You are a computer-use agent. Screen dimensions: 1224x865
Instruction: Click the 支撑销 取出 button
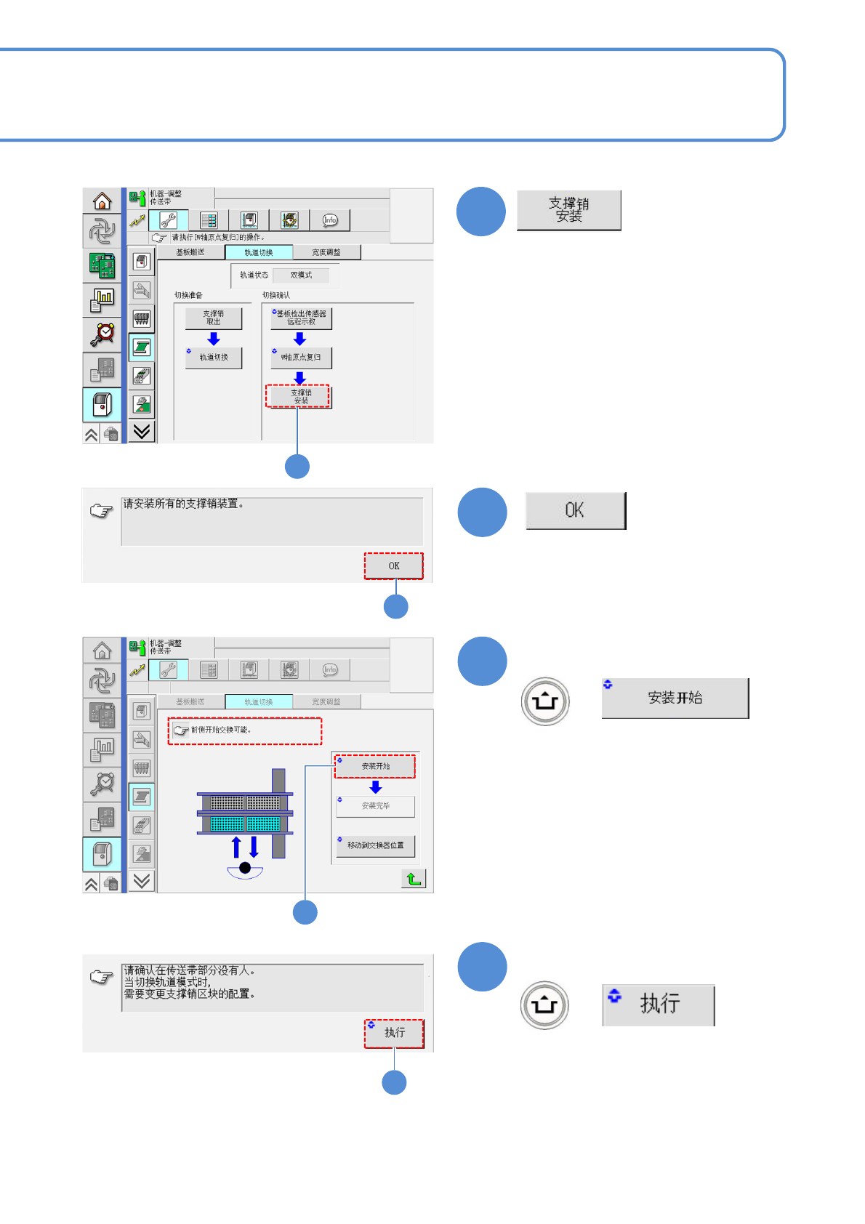(x=213, y=318)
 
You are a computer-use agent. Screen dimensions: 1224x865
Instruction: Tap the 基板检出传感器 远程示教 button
(x=301, y=318)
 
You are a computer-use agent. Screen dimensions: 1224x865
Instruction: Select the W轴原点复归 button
(x=301, y=358)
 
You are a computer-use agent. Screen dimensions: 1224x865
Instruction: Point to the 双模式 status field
(x=301, y=275)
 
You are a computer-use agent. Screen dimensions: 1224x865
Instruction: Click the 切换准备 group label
(x=188, y=295)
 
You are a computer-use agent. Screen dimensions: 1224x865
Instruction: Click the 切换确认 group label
(x=276, y=295)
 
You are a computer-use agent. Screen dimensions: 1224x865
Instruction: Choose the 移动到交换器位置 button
(x=375, y=845)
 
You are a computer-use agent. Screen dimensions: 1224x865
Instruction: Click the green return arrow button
(x=414, y=879)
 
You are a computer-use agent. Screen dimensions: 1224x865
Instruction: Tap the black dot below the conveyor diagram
(x=245, y=868)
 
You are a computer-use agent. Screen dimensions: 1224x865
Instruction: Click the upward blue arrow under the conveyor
(x=236, y=847)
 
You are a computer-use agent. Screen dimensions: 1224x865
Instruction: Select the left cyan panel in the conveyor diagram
(x=227, y=824)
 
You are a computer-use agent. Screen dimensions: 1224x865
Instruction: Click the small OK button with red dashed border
(x=394, y=565)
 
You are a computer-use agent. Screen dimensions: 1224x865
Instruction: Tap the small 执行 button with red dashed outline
(x=394, y=1033)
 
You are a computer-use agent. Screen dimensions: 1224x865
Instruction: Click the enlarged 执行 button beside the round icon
(x=659, y=1004)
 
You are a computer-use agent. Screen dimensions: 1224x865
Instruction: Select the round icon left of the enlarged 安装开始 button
(x=545, y=701)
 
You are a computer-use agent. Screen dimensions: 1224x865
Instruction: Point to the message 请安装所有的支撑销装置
(x=183, y=504)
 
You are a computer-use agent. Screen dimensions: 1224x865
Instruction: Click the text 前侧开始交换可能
(x=221, y=730)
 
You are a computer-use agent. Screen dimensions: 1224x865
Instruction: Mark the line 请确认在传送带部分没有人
(x=189, y=970)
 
